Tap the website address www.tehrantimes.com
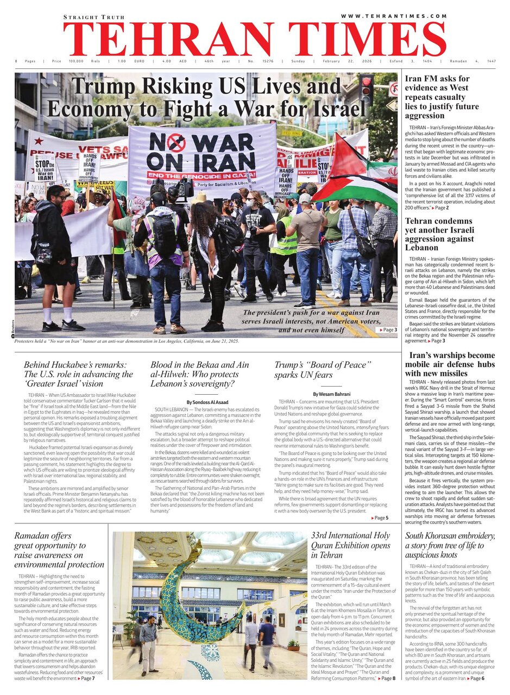click(394, 16)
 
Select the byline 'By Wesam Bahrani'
click(331, 394)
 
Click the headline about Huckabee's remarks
click(78, 374)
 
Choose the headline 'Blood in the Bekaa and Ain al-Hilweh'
click(200, 374)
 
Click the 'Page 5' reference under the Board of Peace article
click(380, 518)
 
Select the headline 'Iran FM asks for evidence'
click(442, 97)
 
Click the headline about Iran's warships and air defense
click(450, 364)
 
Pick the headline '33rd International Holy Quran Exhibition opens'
click(350, 545)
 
